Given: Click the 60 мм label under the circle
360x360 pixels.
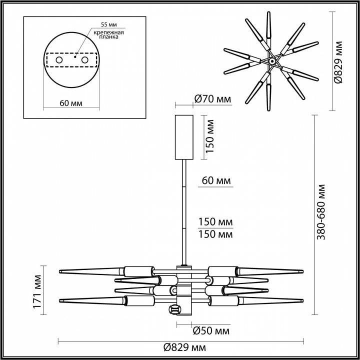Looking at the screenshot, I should pos(71,103).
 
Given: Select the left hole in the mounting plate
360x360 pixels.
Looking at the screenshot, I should pos(59,60).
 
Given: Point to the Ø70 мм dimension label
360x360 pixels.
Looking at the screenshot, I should pos(212,99).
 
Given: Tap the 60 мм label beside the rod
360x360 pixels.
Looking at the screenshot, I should pos(217,181).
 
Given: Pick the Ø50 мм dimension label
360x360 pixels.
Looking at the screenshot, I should pos(211,331).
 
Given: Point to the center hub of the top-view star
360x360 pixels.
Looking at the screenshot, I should pos(271,61).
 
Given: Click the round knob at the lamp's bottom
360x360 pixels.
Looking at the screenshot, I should pos(174,309).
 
